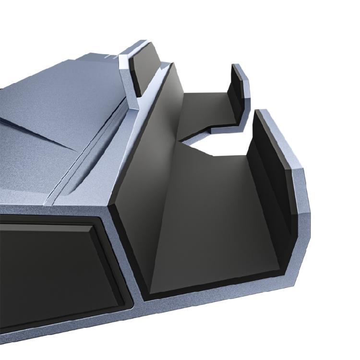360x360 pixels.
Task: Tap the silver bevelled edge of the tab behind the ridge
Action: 126,72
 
